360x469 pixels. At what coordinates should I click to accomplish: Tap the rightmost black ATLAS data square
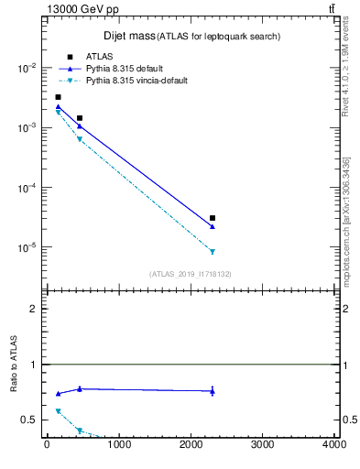213,218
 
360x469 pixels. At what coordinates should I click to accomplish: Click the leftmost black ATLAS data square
58,97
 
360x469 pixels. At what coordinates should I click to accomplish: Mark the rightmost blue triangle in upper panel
213,226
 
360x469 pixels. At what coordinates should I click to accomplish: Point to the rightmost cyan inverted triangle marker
213,252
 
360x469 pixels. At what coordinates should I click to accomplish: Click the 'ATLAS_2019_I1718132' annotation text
190,274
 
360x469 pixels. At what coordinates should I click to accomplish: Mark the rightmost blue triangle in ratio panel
213,391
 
